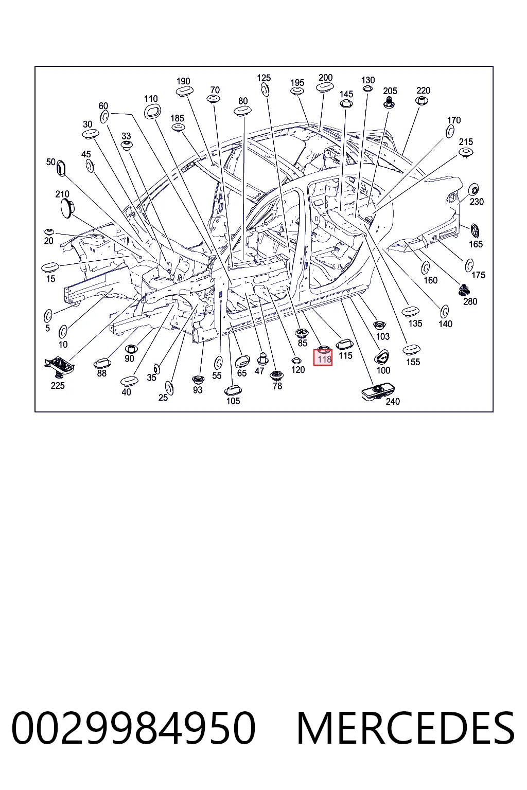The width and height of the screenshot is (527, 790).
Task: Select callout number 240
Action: (x=393, y=401)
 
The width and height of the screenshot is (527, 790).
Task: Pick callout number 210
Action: (x=62, y=194)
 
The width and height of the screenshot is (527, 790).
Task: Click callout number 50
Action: (x=51, y=162)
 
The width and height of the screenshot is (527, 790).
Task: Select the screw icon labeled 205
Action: (x=389, y=103)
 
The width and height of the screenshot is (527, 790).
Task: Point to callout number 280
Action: (x=470, y=301)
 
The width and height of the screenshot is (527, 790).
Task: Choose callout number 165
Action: (x=476, y=244)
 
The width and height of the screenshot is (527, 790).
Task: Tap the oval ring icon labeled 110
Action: (x=152, y=112)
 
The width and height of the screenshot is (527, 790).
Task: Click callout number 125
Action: (x=263, y=78)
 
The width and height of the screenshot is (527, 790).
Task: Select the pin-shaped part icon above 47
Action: (x=262, y=358)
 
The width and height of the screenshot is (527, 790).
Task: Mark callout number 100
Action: (x=383, y=370)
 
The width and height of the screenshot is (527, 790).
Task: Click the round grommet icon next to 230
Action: (x=473, y=190)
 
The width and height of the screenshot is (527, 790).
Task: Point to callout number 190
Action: (x=183, y=81)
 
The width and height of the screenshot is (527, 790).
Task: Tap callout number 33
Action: (x=126, y=136)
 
